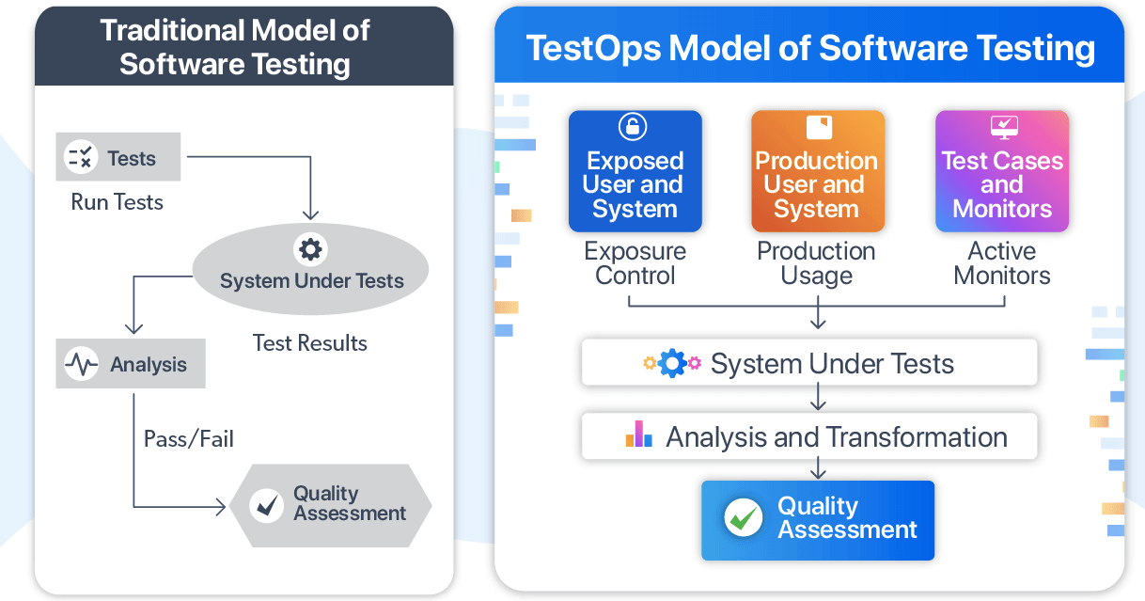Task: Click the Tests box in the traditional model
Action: coord(118,158)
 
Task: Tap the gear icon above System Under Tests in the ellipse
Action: coord(310,249)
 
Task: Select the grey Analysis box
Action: coord(131,365)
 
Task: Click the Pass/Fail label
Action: coord(188,438)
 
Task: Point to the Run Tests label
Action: coord(117,202)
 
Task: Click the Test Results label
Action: coord(309,343)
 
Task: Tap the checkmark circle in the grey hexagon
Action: coord(267,505)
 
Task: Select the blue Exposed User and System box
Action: coord(635,172)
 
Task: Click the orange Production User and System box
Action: coord(817,172)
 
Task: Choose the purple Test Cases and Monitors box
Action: coord(1002,172)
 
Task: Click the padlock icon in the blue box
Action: coord(635,127)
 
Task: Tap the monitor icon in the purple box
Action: coord(1003,127)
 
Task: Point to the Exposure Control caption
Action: coord(635,263)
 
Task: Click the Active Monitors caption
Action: coord(1002,263)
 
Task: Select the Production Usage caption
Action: coord(817,263)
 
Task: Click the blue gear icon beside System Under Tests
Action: coord(672,363)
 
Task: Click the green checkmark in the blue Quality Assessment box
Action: coord(743,518)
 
